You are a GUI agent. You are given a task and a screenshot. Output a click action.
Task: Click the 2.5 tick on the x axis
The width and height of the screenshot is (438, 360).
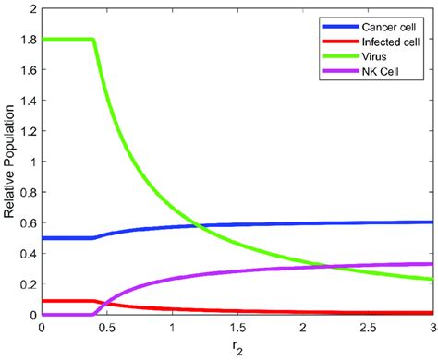pyautogui.click(x=369, y=328)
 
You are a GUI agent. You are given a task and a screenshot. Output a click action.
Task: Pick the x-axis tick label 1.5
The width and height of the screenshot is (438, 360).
pyautogui.click(x=237, y=328)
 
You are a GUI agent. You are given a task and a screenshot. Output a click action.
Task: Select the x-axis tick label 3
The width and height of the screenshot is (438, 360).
pyautogui.click(x=432, y=328)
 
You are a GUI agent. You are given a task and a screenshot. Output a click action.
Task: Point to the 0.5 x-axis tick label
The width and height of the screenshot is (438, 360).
pyautogui.click(x=106, y=328)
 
